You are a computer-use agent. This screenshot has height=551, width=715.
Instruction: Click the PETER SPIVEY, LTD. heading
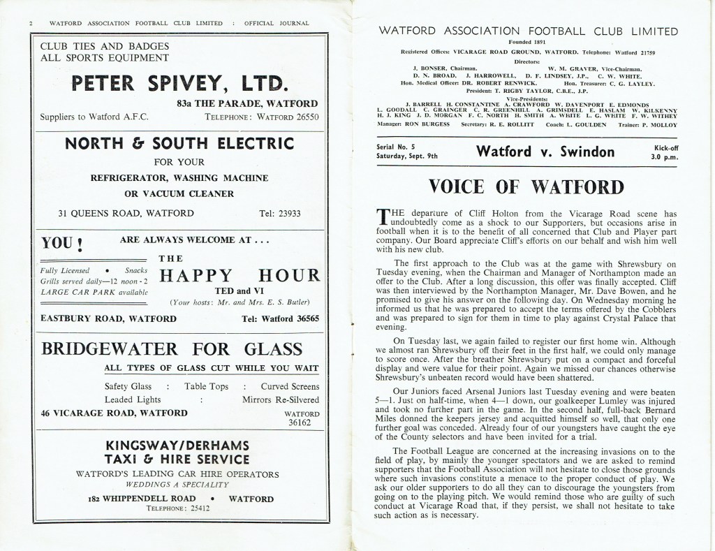(x=179, y=85)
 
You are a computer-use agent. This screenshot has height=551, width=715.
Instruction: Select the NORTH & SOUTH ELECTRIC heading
(x=179, y=145)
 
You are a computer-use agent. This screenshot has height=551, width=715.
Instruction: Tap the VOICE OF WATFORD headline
(x=526, y=186)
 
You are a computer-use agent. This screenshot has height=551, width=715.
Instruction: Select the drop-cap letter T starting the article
(x=381, y=216)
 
